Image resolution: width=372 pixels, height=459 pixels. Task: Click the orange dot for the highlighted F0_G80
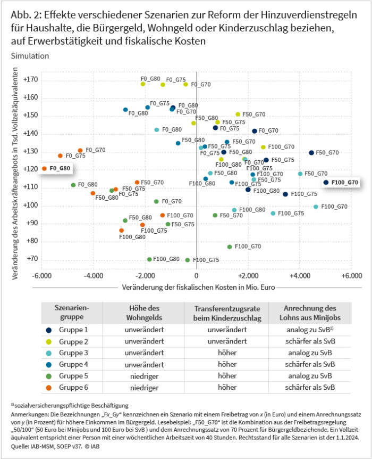click(x=44, y=169)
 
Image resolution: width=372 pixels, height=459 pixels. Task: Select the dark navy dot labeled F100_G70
click(x=326, y=182)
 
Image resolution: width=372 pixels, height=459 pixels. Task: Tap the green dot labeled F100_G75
click(x=187, y=260)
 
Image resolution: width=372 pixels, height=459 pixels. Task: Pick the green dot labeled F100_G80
click(x=149, y=259)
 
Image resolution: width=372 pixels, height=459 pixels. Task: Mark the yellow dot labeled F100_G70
click(x=263, y=147)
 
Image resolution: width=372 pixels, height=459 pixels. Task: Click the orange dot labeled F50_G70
click(x=137, y=183)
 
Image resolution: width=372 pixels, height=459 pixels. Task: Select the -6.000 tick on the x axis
click(x=41, y=276)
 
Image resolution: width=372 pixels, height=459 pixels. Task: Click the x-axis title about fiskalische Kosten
click(x=196, y=288)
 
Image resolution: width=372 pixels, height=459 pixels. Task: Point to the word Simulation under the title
click(x=30, y=55)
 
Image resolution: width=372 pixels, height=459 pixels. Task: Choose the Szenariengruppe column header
click(x=71, y=312)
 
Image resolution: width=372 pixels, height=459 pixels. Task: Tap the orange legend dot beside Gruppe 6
click(x=49, y=387)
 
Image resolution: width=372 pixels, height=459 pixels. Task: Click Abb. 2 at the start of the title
click(x=25, y=15)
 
